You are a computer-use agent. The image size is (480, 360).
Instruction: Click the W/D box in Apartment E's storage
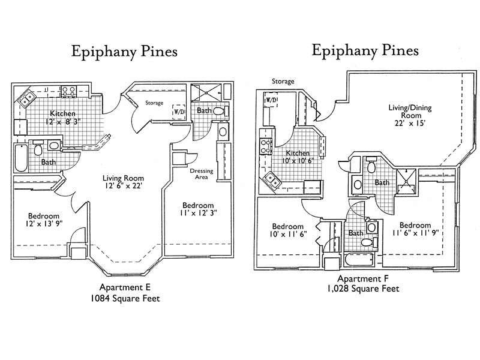coord(179,112)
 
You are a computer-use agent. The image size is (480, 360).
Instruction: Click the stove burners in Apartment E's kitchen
coord(68,92)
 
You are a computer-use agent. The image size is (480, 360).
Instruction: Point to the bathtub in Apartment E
coord(21,157)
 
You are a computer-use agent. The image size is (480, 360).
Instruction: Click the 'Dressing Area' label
coord(201,174)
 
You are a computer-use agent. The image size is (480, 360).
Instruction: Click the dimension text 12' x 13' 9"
coord(43,224)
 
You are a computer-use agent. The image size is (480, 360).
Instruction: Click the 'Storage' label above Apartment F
coord(283,81)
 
